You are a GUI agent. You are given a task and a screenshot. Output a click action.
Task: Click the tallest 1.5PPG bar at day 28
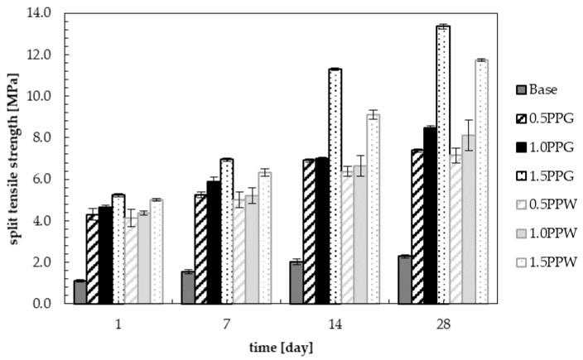pos(443,165)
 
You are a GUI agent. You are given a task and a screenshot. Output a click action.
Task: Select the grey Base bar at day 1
pos(80,292)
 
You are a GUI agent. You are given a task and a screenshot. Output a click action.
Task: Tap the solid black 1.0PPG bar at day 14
pos(321,231)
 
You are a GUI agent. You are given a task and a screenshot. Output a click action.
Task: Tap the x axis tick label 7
pos(226,324)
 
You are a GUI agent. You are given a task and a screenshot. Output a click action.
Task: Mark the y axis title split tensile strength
pos(12,157)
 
